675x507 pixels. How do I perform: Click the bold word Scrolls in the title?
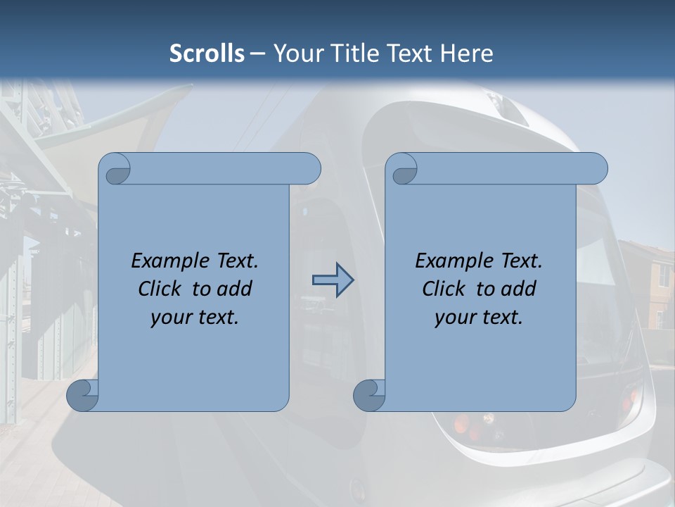pyautogui.click(x=207, y=54)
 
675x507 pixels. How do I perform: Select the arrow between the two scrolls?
pyautogui.click(x=333, y=280)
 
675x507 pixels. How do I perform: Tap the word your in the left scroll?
pyautogui.click(x=169, y=318)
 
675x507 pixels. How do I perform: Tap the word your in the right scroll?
pyautogui.click(x=454, y=318)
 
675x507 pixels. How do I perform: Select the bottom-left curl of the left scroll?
pyautogui.click(x=82, y=396)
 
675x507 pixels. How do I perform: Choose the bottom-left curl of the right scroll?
pyautogui.click(x=368, y=396)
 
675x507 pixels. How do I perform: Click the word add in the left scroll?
pyautogui.click(x=235, y=289)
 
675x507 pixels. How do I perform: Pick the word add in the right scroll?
pyautogui.click(x=519, y=289)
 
